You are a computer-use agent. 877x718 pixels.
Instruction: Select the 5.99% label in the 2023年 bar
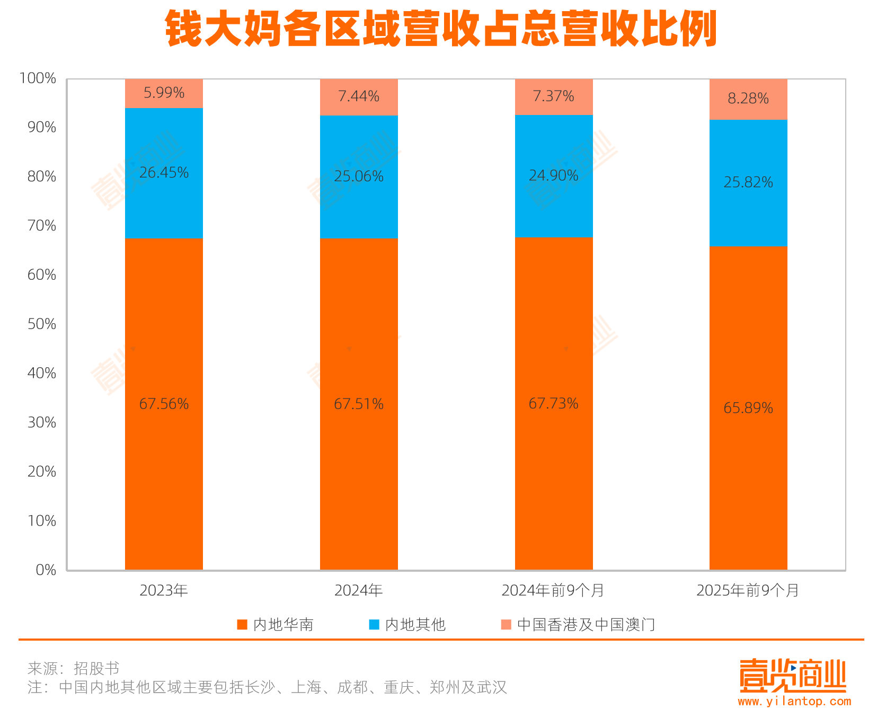(164, 93)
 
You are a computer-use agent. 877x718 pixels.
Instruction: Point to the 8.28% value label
(748, 99)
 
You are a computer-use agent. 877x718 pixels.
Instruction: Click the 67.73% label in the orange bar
(553, 404)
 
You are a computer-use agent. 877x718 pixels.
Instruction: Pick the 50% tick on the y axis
(42, 324)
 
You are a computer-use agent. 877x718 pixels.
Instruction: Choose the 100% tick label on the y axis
(38, 78)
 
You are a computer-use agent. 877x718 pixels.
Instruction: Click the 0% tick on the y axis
(46, 570)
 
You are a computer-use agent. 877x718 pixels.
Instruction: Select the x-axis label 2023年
(164, 590)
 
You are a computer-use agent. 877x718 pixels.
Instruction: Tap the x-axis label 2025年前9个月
(748, 590)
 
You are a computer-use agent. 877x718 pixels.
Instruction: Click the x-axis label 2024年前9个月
(553, 590)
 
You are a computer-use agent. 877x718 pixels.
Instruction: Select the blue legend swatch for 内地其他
(374, 624)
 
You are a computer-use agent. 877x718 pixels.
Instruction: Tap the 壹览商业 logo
(793, 676)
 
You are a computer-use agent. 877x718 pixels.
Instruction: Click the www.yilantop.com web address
(794, 702)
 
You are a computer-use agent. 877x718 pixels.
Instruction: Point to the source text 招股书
(96, 668)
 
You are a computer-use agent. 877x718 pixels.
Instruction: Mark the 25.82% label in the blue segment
(748, 182)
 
